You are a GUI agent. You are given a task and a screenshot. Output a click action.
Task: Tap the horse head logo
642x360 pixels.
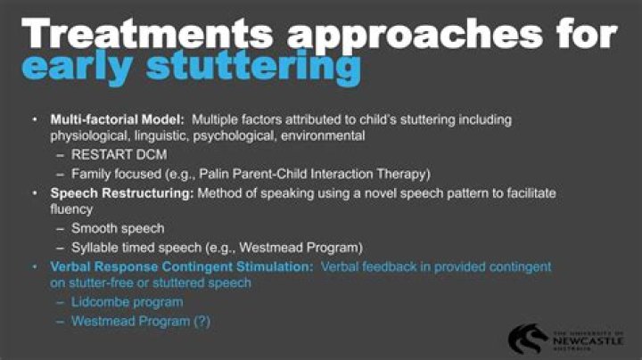(x=528, y=337)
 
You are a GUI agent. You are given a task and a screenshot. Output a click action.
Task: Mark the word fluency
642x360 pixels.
(x=74, y=210)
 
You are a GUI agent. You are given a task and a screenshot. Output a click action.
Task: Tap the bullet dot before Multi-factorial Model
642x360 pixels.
(x=34, y=119)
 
